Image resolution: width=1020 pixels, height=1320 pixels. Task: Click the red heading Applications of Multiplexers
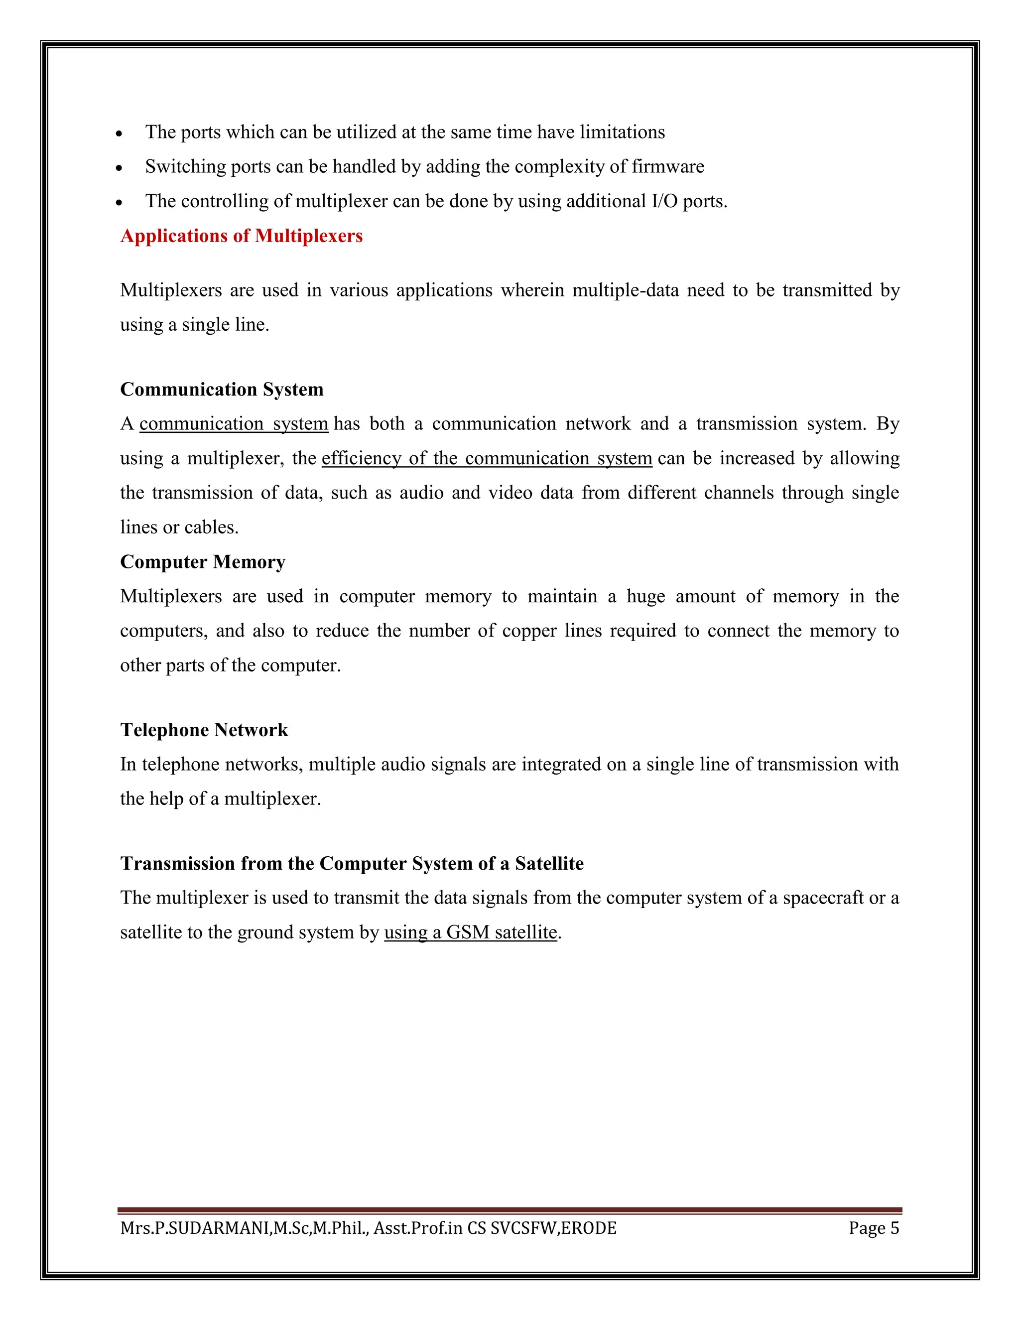click(x=241, y=236)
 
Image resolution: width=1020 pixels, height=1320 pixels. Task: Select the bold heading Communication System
click(x=222, y=389)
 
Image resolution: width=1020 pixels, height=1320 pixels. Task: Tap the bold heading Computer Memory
click(x=202, y=561)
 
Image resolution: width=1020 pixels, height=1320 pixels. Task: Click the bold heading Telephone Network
click(x=204, y=730)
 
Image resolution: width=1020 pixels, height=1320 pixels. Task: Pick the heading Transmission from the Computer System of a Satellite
click(x=352, y=863)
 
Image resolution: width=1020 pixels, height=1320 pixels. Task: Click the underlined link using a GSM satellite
click(x=470, y=932)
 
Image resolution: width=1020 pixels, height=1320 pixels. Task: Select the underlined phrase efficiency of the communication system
click(x=487, y=458)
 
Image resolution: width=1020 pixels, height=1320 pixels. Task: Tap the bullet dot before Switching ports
click(x=120, y=168)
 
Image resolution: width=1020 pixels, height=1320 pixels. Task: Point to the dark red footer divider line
click(x=510, y=1210)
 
